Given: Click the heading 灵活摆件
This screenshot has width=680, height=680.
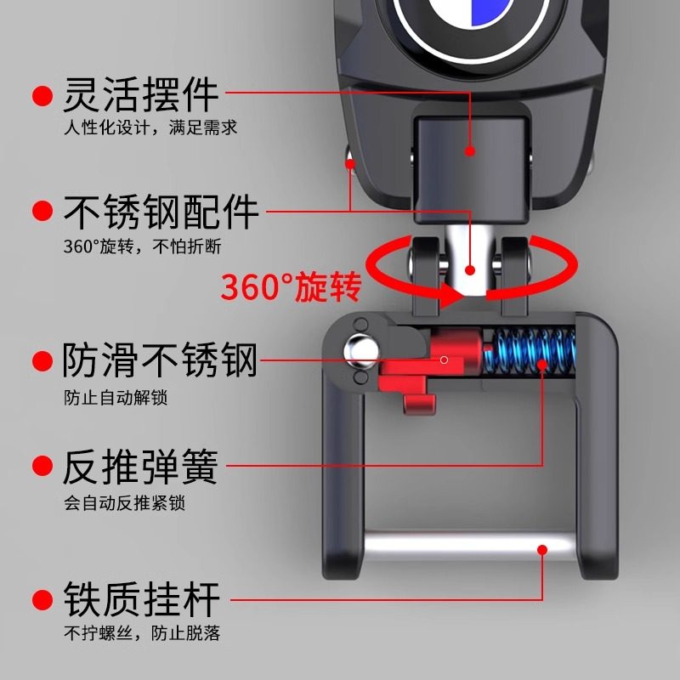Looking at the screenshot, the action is point(141,95).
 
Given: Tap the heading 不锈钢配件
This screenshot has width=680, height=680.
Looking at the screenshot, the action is point(161,212).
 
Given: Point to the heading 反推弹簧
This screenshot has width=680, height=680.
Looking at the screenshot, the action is point(141,467).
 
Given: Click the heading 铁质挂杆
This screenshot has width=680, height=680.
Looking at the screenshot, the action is point(141,599).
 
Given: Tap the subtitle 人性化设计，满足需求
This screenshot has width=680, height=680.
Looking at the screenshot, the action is point(150,128).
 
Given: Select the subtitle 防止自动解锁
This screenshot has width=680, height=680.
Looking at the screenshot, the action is point(112,397).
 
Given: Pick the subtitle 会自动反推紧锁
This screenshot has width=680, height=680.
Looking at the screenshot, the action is point(124,502).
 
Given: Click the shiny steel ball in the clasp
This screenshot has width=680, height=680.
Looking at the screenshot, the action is point(360,348).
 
